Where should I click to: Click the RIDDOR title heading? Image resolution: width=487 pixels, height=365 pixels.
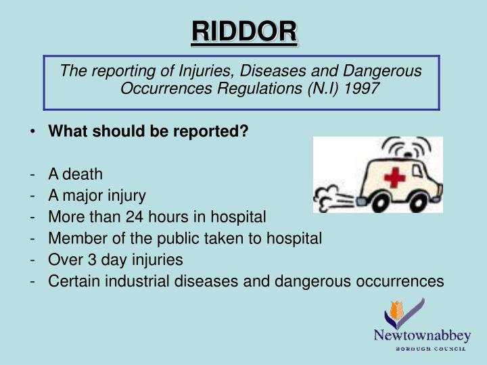click(243, 31)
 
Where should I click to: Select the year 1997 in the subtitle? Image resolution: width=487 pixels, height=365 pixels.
click(364, 89)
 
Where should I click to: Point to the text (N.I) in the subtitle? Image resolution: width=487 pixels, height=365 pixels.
click(325, 89)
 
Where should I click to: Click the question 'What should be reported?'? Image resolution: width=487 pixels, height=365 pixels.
click(148, 132)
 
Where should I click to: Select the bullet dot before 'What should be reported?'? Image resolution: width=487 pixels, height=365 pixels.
click(33, 132)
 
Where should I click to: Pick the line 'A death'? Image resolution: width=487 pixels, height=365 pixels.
click(75, 174)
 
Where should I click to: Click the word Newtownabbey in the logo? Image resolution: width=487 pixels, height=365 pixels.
click(422, 336)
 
